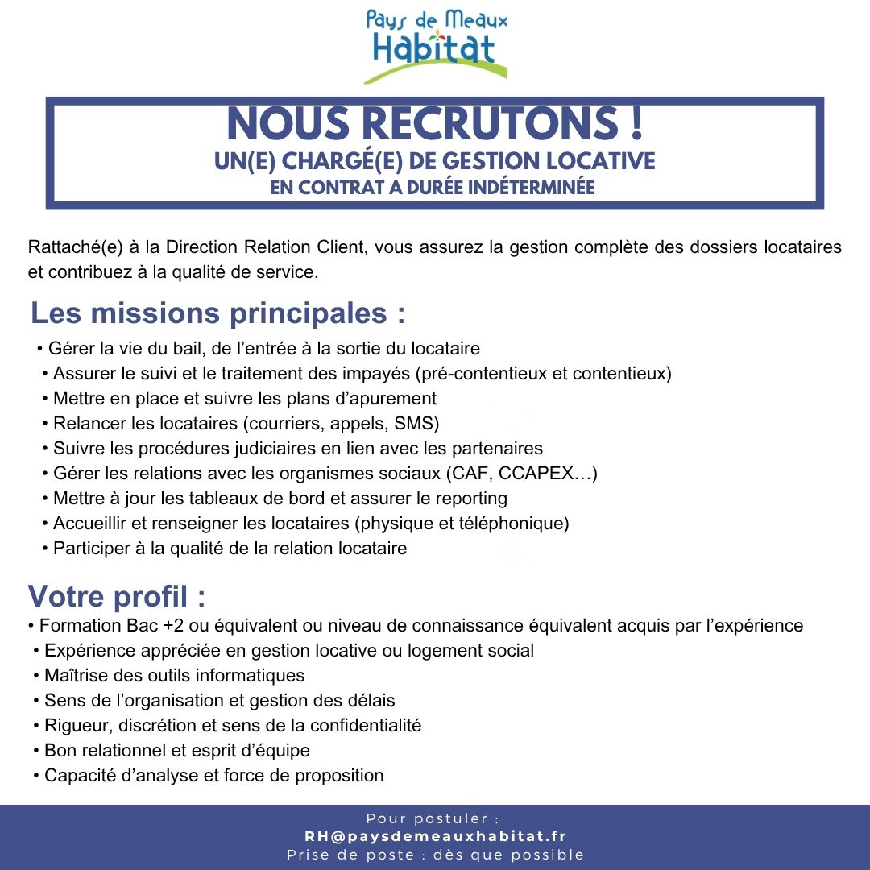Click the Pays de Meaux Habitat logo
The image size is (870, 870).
pyautogui.click(x=435, y=46)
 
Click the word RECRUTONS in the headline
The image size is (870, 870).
pyautogui.click(x=488, y=125)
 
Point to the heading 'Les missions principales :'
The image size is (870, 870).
pyautogui.click(x=217, y=313)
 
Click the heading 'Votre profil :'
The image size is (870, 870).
pyautogui.click(x=117, y=598)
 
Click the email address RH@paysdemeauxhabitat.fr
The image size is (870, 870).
pyautogui.click(x=435, y=837)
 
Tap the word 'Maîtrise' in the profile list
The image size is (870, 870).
pyautogui.click(x=76, y=675)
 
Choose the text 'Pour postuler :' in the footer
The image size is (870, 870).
pyautogui.click(x=435, y=819)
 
